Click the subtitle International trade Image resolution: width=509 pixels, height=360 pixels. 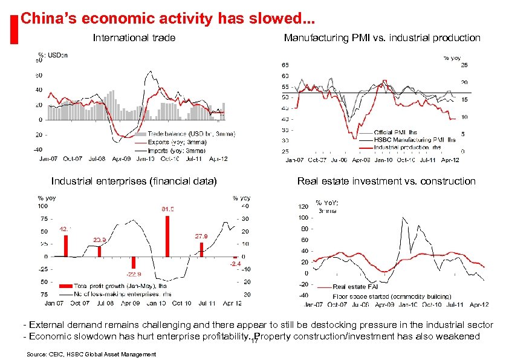coord(134,38)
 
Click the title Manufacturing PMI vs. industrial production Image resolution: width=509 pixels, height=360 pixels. coord(382,38)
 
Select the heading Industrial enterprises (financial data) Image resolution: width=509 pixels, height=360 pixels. coord(134,181)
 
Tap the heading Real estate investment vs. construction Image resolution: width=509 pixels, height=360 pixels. coord(386,181)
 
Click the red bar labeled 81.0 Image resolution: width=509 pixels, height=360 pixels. coord(167,236)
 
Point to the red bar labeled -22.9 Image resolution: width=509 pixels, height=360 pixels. coord(134,263)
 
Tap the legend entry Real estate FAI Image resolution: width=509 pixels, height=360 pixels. coord(355,287)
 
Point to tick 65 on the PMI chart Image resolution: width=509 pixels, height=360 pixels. coord(285,65)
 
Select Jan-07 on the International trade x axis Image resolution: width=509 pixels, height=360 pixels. coord(41,159)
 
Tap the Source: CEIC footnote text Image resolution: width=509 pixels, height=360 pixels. coord(89,354)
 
